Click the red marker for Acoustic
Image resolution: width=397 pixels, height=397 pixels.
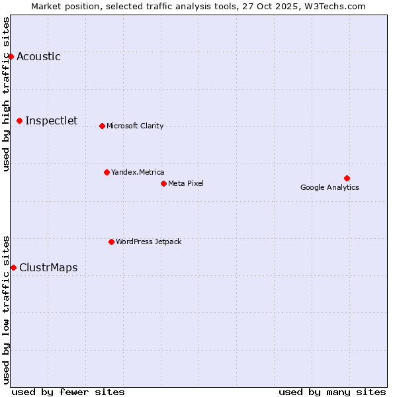tap(11, 56)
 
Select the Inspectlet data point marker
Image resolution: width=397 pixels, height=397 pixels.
tap(20, 120)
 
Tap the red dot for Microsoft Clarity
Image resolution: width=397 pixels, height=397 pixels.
tap(102, 126)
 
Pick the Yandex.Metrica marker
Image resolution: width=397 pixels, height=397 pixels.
tap(107, 172)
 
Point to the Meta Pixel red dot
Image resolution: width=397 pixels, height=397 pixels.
tap(163, 183)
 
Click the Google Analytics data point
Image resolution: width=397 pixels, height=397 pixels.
tap(347, 178)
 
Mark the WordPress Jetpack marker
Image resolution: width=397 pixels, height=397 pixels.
tap(111, 242)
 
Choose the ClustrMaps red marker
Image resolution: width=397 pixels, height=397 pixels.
tap(13, 267)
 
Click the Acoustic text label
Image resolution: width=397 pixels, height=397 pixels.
tap(38, 56)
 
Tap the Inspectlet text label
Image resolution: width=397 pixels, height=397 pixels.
tap(51, 120)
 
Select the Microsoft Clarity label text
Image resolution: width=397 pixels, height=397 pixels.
tap(135, 126)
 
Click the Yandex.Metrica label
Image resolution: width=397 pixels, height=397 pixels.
tap(138, 172)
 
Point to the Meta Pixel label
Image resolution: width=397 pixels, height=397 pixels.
tap(186, 183)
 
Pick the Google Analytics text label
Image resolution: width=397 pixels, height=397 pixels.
tap(330, 187)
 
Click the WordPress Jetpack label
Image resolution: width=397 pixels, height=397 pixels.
tap(148, 242)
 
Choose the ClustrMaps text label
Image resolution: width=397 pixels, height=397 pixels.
tap(48, 267)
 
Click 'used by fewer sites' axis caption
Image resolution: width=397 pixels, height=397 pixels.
tap(68, 392)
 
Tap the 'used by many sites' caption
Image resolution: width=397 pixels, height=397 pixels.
tap(332, 392)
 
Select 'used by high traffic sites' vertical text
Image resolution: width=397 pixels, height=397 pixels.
tap(7, 94)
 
